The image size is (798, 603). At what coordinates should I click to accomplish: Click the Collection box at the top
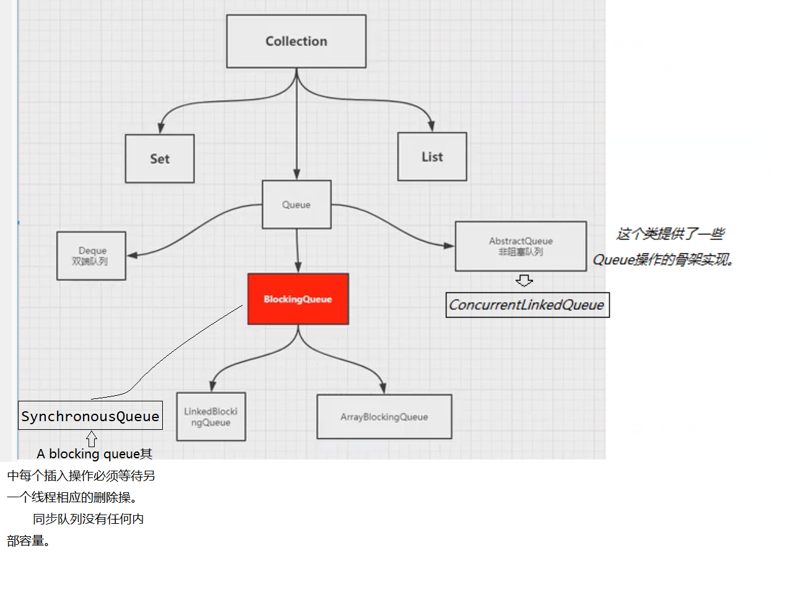tap(296, 41)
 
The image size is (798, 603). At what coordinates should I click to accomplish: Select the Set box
tap(160, 159)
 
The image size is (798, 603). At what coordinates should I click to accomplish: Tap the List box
tap(432, 157)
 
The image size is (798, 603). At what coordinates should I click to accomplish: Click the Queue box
tap(297, 205)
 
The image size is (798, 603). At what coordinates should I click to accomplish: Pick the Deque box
tap(92, 256)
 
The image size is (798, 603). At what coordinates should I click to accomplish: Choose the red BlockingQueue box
tap(298, 299)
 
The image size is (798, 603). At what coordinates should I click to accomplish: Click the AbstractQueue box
tap(521, 246)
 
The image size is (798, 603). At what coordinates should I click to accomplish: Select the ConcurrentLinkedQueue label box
tap(527, 305)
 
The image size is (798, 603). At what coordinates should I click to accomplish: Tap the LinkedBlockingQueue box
tap(211, 417)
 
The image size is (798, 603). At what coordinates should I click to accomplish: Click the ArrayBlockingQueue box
tap(384, 417)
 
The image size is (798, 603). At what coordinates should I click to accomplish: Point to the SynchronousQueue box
tap(90, 416)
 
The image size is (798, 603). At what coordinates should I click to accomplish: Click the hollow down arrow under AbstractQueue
tap(524, 281)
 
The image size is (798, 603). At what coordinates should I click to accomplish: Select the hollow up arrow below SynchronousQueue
tap(92, 438)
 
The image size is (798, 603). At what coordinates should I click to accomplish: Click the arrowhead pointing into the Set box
tap(161, 127)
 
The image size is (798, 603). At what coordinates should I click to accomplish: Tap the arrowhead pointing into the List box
tap(432, 126)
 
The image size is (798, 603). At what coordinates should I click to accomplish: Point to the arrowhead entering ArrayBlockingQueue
tap(383, 388)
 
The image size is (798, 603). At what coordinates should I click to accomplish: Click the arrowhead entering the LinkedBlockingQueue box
tap(213, 385)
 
